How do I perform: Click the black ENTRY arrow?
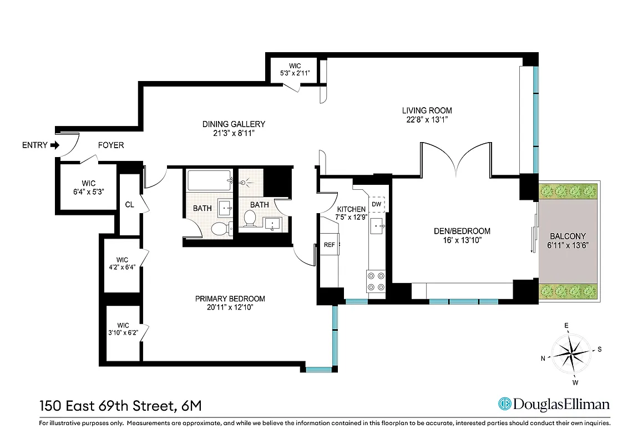click(x=54, y=145)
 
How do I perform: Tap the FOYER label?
click(x=111, y=145)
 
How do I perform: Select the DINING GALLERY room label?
click(x=233, y=124)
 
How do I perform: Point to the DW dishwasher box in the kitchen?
click(x=377, y=204)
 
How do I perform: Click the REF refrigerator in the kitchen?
click(x=329, y=245)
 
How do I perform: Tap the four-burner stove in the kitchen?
click(x=376, y=281)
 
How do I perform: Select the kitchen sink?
click(x=379, y=225)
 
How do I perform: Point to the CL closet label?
click(x=129, y=205)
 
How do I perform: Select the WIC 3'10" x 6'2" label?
click(x=123, y=329)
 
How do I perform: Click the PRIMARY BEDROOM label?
click(x=230, y=298)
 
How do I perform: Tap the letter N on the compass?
click(x=543, y=359)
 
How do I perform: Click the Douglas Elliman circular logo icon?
click(x=505, y=404)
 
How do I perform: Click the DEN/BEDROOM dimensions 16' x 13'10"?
click(x=463, y=240)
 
